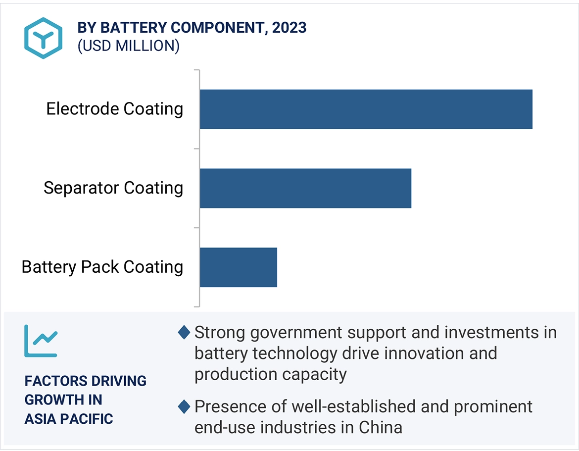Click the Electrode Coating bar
tap(366, 109)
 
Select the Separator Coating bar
tap(305, 188)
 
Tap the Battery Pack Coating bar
tap(238, 267)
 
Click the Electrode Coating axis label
tap(115, 109)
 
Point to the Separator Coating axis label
tap(113, 188)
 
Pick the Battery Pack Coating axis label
tap(102, 267)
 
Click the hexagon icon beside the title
tap(44, 38)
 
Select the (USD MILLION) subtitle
tap(128, 46)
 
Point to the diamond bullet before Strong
tap(184, 333)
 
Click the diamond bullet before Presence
tap(184, 407)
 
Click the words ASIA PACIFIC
tap(69, 419)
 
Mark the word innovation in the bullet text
tap(421, 353)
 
